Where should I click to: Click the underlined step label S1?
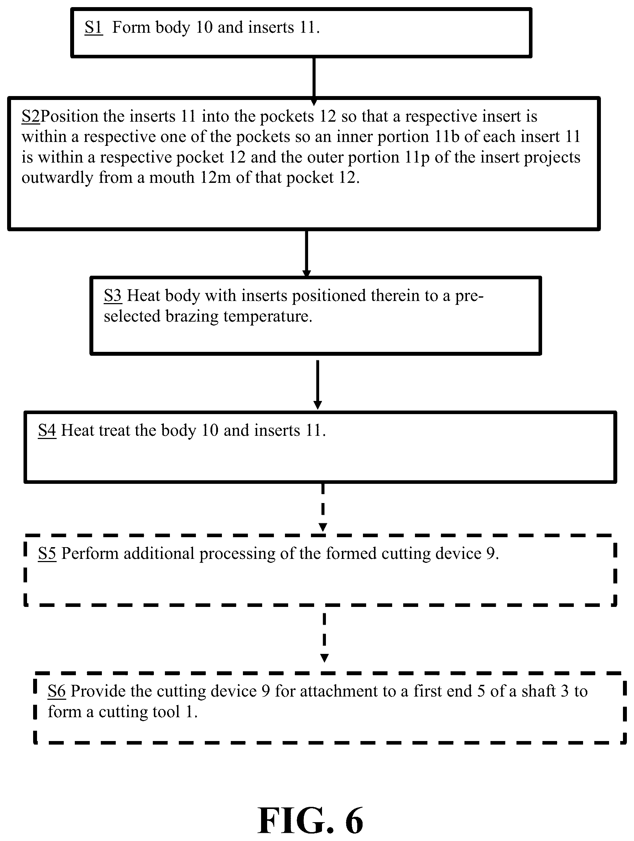(x=94, y=27)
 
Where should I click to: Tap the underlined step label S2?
(x=31, y=116)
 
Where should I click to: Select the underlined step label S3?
(x=113, y=295)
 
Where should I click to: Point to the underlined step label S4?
(x=47, y=430)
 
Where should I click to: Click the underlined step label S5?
(x=47, y=554)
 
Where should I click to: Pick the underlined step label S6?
(x=57, y=691)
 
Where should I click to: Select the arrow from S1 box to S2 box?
(x=314, y=81)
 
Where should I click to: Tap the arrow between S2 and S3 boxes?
(x=306, y=254)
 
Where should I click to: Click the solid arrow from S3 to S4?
(x=317, y=385)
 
